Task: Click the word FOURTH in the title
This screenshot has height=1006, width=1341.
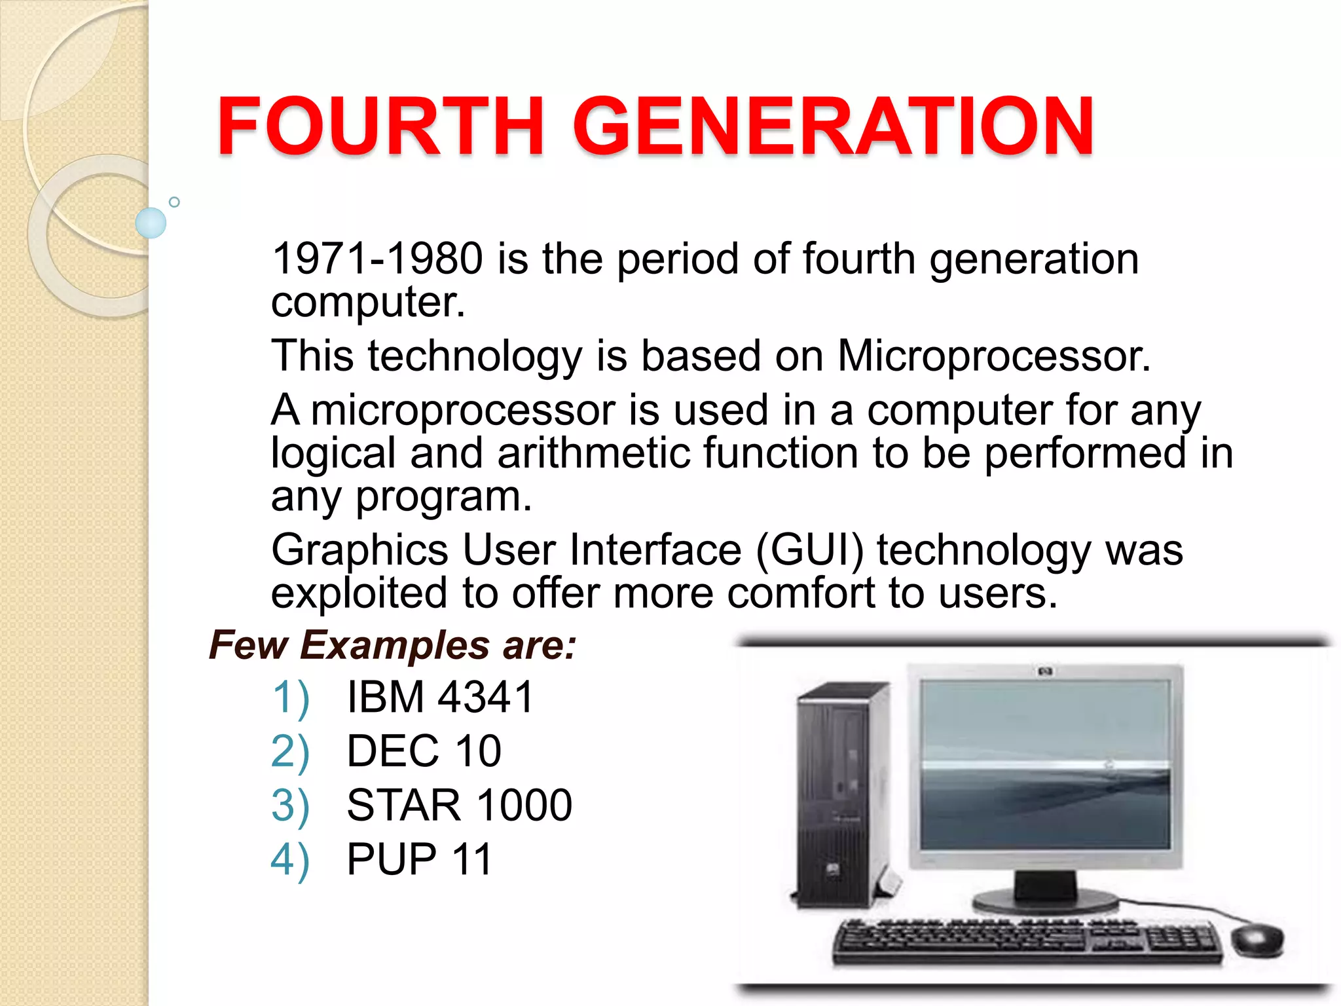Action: pyautogui.click(x=380, y=126)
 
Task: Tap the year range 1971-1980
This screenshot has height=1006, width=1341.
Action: pyautogui.click(x=377, y=258)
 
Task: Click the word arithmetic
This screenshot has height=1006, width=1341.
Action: pyautogui.click(x=593, y=453)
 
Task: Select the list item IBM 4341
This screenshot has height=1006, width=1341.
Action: pyautogui.click(x=440, y=697)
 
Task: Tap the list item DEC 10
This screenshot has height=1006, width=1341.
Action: pyautogui.click(x=424, y=751)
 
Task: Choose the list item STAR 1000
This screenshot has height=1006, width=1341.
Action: pyautogui.click(x=459, y=806)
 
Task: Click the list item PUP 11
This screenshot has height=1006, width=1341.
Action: pyautogui.click(x=419, y=859)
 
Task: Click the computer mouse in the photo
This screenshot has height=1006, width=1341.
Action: pyautogui.click(x=1258, y=941)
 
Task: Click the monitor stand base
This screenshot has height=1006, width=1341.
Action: pyautogui.click(x=1045, y=901)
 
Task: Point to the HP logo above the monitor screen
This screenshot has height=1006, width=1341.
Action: pyautogui.click(x=1045, y=672)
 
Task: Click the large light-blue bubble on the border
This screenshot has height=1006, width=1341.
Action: pyautogui.click(x=151, y=223)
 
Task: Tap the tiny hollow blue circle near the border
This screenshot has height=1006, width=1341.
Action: pyautogui.click(x=174, y=202)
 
